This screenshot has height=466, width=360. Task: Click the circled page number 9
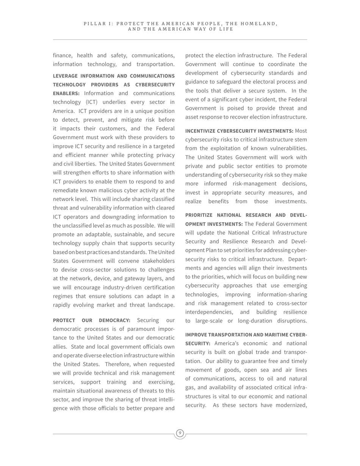(x=180, y=433)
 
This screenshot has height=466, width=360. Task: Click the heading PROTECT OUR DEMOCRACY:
(x=91, y=321)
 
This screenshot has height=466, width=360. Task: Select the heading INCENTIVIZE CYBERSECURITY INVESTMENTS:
(x=239, y=131)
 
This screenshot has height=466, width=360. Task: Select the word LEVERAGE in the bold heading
(x=67, y=76)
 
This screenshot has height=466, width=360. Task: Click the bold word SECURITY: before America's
(x=198, y=344)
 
